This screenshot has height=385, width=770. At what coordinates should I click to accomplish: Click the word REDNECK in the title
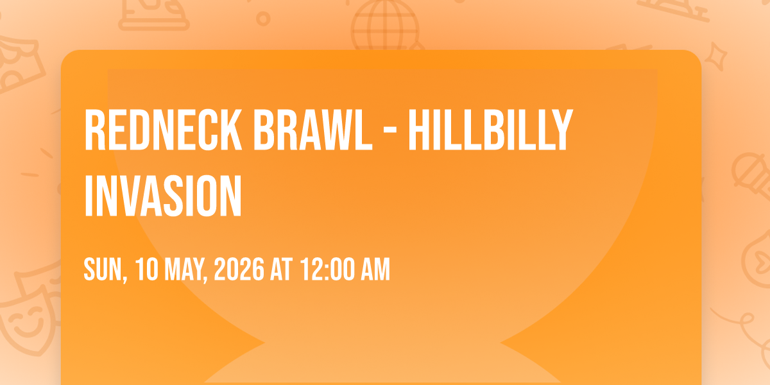[163, 130]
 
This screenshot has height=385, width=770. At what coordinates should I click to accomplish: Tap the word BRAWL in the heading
[313, 130]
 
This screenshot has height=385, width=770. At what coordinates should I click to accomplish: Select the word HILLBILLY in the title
[490, 130]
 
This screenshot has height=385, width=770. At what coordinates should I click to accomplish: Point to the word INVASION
[163, 196]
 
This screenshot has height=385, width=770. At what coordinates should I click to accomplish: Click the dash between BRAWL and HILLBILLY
[390, 131]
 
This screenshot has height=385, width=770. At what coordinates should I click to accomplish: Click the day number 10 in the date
[147, 269]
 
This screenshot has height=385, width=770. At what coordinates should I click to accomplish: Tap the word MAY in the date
[185, 270]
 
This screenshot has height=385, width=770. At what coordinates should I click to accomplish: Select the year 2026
[239, 269]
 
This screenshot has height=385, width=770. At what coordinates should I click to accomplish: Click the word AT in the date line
[282, 269]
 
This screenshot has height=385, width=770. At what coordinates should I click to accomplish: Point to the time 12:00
[328, 269]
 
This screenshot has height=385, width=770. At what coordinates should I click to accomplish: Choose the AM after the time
[375, 269]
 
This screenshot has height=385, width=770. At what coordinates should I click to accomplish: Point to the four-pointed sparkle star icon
[715, 56]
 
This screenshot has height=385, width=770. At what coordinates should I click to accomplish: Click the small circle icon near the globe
[263, 19]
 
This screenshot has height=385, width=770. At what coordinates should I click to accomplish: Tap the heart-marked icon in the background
[758, 259]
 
